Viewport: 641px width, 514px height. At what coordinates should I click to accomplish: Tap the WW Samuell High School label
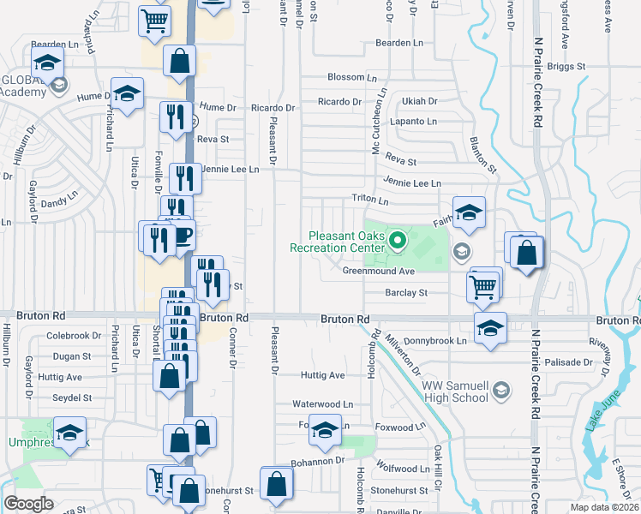[x=454, y=391]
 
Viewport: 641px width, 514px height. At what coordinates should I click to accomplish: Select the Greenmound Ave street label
[x=378, y=272]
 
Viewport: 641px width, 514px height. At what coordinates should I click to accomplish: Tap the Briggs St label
[x=566, y=66]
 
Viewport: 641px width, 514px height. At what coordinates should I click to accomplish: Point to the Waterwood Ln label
[x=322, y=404]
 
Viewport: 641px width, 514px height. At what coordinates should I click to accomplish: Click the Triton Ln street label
[x=370, y=200]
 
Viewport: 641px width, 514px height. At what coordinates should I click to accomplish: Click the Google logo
[x=28, y=504]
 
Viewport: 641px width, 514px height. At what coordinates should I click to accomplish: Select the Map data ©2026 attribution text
[x=607, y=508]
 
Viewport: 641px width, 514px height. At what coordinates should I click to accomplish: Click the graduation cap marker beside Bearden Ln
[x=48, y=63]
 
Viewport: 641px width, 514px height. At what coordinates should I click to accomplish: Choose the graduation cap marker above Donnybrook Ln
[x=489, y=329]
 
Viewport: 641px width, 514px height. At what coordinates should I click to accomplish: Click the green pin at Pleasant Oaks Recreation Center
[x=397, y=242]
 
